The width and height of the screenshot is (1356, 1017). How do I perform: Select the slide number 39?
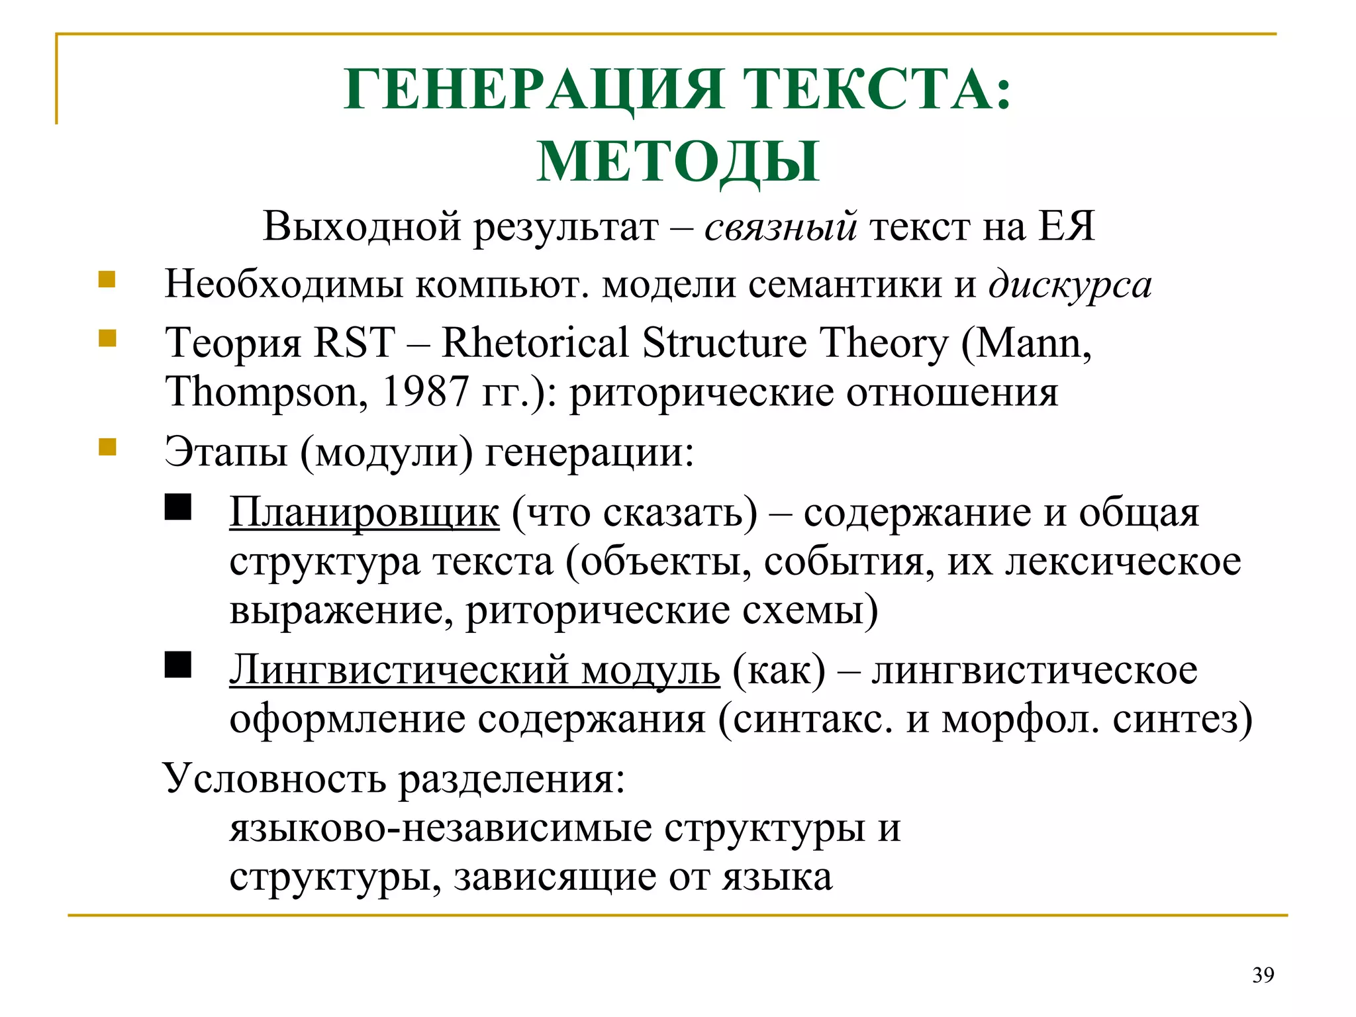pyautogui.click(x=1263, y=975)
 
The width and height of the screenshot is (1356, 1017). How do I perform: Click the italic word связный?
pyautogui.click(x=781, y=226)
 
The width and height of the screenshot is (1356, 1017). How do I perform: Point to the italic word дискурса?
pyautogui.click(x=1070, y=285)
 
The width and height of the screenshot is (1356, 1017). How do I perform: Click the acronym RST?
pyautogui.click(x=354, y=343)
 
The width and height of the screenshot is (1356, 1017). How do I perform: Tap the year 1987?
pyautogui.click(x=425, y=392)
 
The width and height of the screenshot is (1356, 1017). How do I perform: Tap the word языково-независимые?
pyautogui.click(x=440, y=828)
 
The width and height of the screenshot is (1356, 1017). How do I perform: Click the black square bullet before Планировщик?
pyautogui.click(x=177, y=508)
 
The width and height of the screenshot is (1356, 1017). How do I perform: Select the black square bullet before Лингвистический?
pyautogui.click(x=177, y=665)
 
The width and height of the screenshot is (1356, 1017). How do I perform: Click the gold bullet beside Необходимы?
pyautogui.click(x=107, y=279)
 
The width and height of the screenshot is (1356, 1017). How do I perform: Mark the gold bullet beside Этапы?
pyautogui.click(x=107, y=448)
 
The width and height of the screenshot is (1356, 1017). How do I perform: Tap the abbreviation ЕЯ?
pyautogui.click(x=1066, y=226)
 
